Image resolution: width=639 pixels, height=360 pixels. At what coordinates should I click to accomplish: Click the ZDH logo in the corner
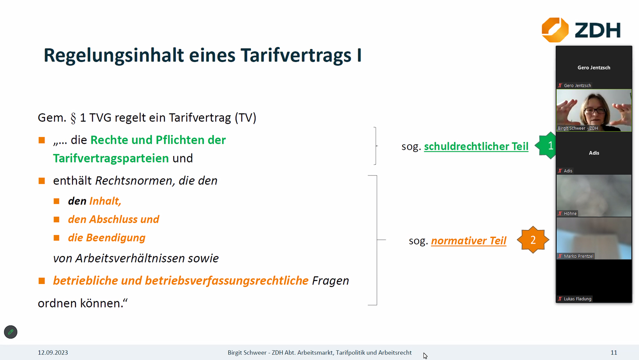[x=581, y=30]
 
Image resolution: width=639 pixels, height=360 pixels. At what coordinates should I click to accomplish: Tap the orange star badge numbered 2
[x=533, y=240]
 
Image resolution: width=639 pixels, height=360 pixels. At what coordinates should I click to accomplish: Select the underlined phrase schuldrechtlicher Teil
[x=476, y=147]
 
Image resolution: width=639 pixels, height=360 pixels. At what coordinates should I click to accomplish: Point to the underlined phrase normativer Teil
[x=469, y=241]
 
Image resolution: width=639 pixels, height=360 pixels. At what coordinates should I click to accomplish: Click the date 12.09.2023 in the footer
[x=53, y=352]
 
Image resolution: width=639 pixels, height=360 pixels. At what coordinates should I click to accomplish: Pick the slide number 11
[x=614, y=352]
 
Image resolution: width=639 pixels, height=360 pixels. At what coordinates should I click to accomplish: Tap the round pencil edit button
[x=11, y=332]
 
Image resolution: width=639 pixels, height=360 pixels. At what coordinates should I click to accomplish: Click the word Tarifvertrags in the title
[x=296, y=55]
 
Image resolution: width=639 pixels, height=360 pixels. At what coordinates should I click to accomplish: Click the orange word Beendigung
[x=115, y=238]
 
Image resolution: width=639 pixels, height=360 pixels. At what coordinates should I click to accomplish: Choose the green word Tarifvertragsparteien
[x=111, y=159]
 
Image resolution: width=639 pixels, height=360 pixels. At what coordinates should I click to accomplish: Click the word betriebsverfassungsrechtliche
[x=227, y=281]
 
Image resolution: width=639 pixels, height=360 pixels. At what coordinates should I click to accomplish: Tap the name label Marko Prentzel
[x=578, y=256]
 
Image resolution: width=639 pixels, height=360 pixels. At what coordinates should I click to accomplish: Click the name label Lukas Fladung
[x=577, y=299]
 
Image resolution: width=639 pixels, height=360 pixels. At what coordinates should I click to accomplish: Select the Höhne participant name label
[x=570, y=213]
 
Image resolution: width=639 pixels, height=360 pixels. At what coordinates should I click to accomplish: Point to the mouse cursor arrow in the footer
[x=425, y=356]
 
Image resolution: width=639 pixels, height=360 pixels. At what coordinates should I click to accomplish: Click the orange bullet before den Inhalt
[x=57, y=201]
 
